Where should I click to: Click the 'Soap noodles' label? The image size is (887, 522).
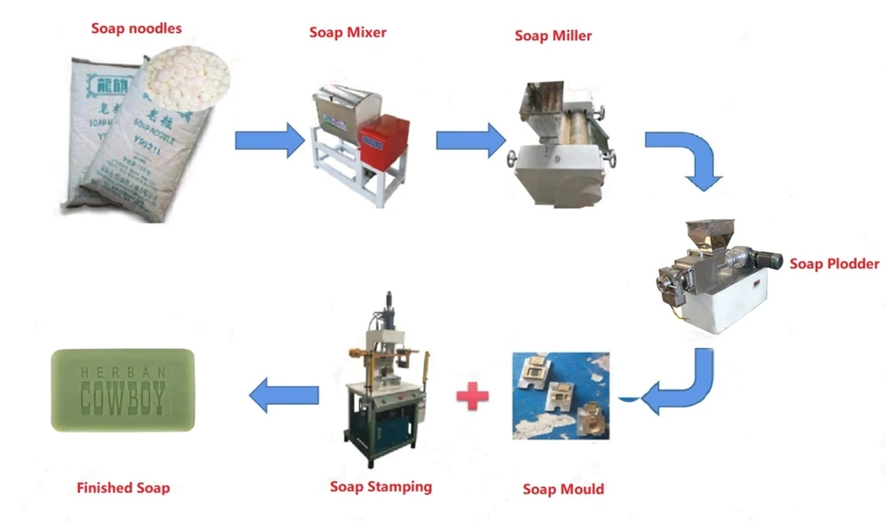point(136,28)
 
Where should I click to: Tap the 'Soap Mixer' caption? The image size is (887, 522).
point(348,33)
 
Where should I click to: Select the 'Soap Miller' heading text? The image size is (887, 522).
point(553,36)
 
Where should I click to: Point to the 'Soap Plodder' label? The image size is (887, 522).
point(834,264)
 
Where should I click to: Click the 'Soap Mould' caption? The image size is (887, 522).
point(563,489)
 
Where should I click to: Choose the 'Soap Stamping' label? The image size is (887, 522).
point(381,486)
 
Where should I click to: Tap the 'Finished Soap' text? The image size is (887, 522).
point(122,487)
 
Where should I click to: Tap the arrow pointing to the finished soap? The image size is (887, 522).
point(283,394)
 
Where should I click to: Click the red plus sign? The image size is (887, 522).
point(472,394)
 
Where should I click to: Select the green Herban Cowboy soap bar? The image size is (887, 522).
point(122,390)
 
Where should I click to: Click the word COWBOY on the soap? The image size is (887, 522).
point(122,399)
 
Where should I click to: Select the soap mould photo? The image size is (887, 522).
point(561,396)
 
